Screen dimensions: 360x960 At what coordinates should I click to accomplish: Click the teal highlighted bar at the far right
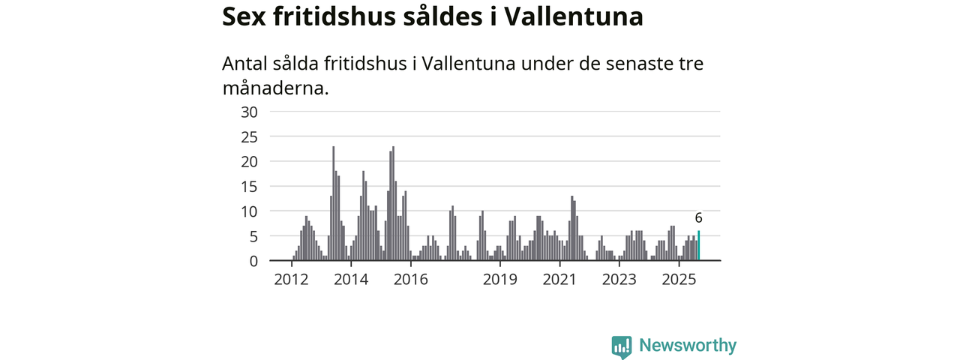tap(699, 246)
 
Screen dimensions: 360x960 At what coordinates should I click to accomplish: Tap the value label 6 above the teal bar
tap(698, 218)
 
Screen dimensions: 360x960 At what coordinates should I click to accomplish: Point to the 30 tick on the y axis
tap(249, 112)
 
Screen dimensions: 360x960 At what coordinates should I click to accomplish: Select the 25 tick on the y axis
tap(249, 136)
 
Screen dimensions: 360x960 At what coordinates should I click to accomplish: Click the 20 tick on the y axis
tap(249, 161)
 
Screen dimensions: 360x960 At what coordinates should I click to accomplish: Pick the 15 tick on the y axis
tap(249, 186)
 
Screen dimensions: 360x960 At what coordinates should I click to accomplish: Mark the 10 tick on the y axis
tap(249, 211)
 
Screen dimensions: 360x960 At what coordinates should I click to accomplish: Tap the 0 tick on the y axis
tap(253, 261)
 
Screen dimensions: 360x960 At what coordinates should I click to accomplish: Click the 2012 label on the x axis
tap(292, 280)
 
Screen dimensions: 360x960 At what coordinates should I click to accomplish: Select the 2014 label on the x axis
tap(351, 280)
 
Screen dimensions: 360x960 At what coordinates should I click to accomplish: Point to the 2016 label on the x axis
tap(410, 280)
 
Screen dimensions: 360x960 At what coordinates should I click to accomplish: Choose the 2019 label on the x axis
tap(500, 280)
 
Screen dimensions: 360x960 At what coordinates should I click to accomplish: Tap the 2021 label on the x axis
tap(559, 280)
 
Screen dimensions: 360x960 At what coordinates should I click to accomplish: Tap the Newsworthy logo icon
tap(621, 346)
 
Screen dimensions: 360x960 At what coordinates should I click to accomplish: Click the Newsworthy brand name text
tap(688, 346)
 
